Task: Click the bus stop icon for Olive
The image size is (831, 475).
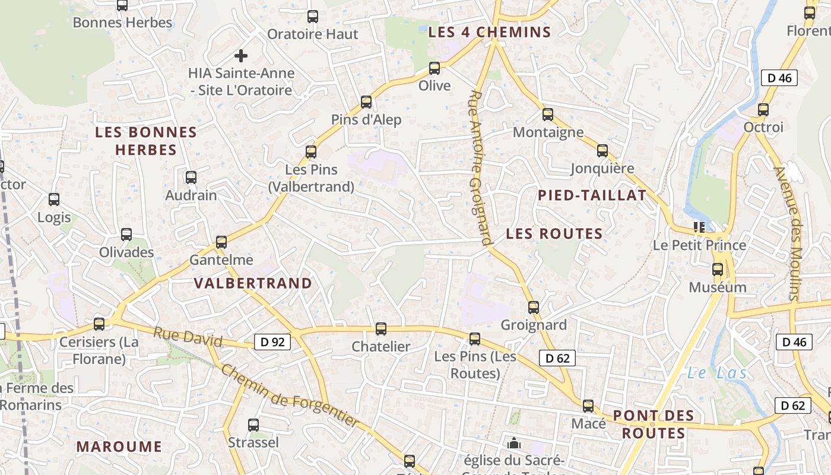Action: pyautogui.click(x=434, y=68)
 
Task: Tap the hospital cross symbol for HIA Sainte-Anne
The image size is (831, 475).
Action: pyautogui.click(x=240, y=56)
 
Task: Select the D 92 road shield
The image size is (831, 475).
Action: pyautogui.click(x=272, y=341)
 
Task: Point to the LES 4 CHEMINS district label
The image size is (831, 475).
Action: pyautogui.click(x=490, y=32)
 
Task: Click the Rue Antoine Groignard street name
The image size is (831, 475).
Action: pyautogui.click(x=480, y=167)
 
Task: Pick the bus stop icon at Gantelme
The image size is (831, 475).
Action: pyautogui.click(x=221, y=242)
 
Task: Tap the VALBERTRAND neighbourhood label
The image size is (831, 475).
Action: pyautogui.click(x=253, y=283)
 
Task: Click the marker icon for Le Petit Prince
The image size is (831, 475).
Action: pyautogui.click(x=699, y=227)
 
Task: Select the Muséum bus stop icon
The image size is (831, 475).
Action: pyautogui.click(x=718, y=270)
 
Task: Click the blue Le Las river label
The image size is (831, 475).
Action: pyautogui.click(x=716, y=373)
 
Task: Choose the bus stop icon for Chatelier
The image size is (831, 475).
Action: pyautogui.click(x=381, y=329)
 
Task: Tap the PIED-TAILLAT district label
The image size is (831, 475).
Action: pyautogui.click(x=592, y=195)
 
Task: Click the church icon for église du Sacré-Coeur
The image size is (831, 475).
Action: pyautogui.click(x=514, y=443)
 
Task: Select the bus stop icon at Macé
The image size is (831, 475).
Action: pyautogui.click(x=588, y=406)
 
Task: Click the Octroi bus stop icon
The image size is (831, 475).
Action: pyautogui.click(x=763, y=110)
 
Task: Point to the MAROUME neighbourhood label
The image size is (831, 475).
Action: pyautogui.click(x=119, y=446)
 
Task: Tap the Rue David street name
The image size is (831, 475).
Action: pyautogui.click(x=188, y=337)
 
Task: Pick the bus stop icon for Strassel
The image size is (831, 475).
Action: pyautogui.click(x=253, y=425)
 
